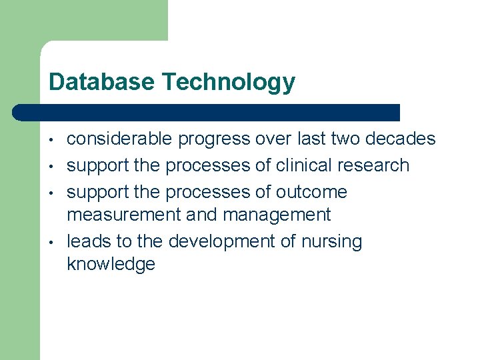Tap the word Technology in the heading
[x=229, y=83]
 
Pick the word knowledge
[x=111, y=264]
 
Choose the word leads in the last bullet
[x=87, y=241]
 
